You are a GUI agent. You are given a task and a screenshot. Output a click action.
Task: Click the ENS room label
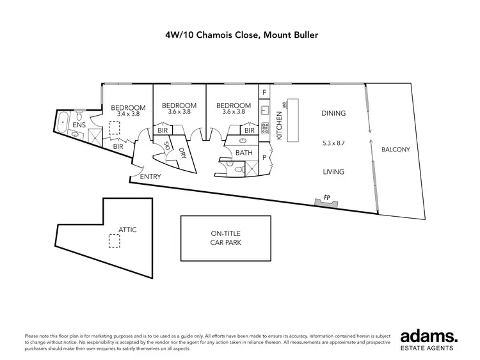78,125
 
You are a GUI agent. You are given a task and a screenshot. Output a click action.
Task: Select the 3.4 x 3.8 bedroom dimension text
125,114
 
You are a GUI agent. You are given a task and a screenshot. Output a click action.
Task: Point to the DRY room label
182,153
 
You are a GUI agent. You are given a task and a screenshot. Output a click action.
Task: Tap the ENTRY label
150,176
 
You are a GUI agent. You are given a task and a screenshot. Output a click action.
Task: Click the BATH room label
243,153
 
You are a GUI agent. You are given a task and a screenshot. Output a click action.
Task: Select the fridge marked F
265,93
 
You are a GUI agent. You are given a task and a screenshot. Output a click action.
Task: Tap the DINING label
333,113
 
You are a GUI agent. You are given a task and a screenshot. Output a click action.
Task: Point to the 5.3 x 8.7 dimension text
334,143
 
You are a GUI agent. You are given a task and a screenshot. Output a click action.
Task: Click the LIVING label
333,171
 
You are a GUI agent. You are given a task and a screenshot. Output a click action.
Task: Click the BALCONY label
395,150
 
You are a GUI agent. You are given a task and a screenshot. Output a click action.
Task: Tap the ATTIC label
127,229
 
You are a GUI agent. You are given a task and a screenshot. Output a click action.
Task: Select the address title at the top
240,36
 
